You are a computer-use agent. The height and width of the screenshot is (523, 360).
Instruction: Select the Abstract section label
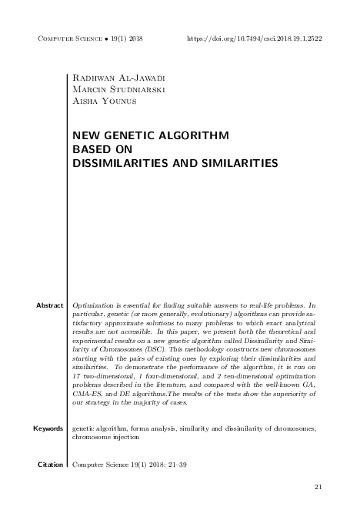(x=49, y=305)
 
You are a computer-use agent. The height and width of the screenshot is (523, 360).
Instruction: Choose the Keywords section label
(x=48, y=428)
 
